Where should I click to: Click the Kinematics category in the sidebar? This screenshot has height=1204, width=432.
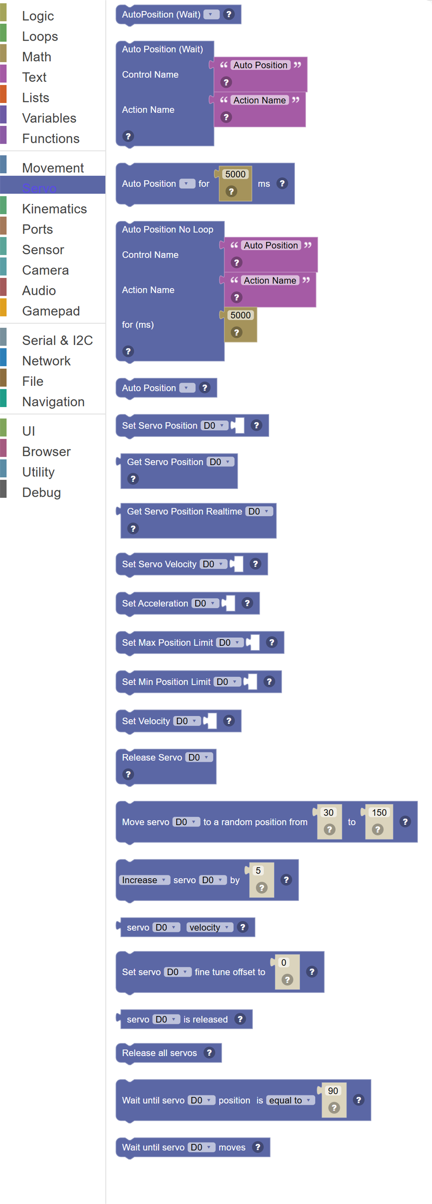coord(54,209)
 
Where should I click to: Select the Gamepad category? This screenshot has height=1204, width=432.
coord(51,311)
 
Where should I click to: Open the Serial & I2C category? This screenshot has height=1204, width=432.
coord(57,340)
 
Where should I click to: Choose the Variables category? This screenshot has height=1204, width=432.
coord(49,118)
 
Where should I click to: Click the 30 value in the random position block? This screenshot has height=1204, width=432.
coord(328,813)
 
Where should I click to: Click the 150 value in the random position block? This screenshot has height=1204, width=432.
coord(379,813)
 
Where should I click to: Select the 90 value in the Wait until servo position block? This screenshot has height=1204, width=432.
coord(332,1090)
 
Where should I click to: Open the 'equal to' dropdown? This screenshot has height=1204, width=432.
coord(290,1100)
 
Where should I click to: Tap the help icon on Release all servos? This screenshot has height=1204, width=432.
coord(209,1052)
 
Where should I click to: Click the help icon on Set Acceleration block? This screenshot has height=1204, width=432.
coord(247,603)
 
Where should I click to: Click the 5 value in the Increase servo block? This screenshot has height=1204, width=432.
coord(258,870)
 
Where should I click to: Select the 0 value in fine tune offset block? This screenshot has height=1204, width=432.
coord(283,962)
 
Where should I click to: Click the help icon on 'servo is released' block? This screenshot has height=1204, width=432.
coord(240,1019)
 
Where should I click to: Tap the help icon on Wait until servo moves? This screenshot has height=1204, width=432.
coord(257,1147)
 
